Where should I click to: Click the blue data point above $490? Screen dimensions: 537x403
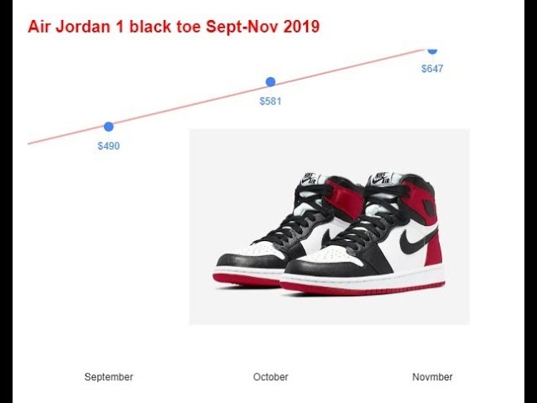click(x=108, y=127)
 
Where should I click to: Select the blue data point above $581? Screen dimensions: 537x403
click(x=270, y=82)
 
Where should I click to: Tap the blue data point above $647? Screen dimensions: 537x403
click(x=433, y=50)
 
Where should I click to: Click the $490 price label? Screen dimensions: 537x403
click(x=108, y=146)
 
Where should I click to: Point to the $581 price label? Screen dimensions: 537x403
click(x=270, y=101)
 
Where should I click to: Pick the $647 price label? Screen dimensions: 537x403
click(x=432, y=69)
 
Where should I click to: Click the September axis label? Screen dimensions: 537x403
click(x=108, y=377)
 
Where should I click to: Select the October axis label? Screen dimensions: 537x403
click(x=270, y=377)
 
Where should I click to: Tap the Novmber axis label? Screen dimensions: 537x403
click(x=432, y=377)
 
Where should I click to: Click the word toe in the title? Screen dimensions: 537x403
click(x=188, y=27)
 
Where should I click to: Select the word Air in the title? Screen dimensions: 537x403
click(x=39, y=26)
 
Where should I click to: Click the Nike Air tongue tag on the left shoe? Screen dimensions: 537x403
click(x=309, y=178)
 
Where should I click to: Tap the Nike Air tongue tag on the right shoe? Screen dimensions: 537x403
click(x=381, y=178)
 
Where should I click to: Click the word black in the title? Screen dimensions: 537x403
click(x=150, y=26)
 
